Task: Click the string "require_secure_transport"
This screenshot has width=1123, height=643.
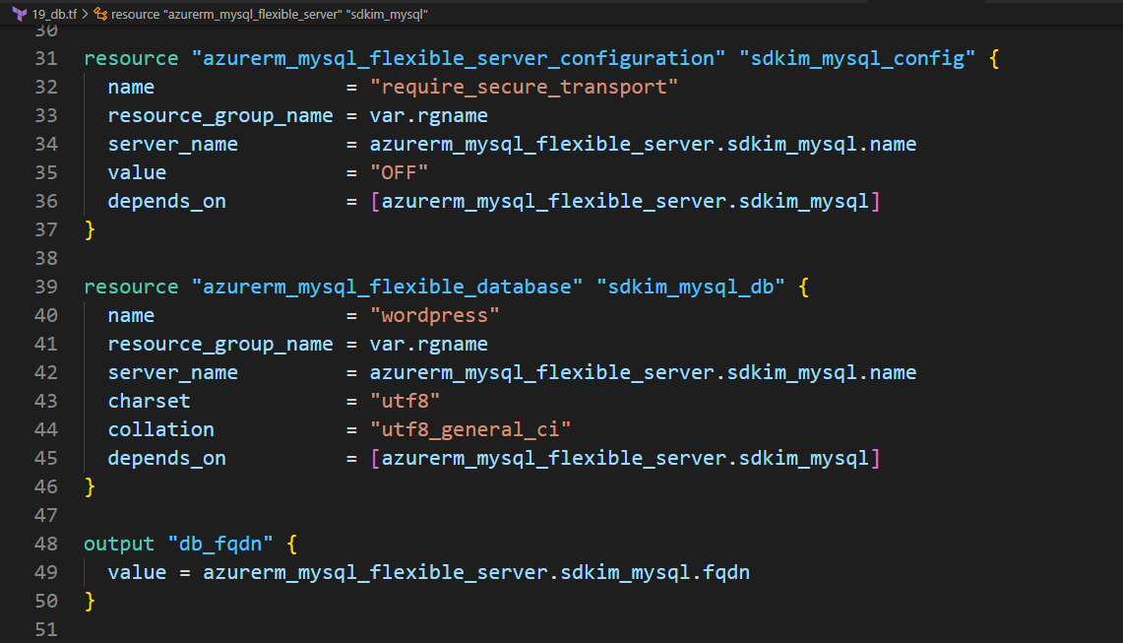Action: tap(525, 87)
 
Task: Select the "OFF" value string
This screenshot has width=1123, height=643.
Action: tap(400, 172)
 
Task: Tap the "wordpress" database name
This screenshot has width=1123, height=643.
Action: tap(435, 315)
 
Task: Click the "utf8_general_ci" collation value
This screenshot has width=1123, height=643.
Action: tap(470, 429)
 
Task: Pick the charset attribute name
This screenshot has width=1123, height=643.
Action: tap(149, 401)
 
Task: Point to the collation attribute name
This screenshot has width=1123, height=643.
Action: tap(160, 429)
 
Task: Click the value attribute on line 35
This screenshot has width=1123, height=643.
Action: tap(137, 172)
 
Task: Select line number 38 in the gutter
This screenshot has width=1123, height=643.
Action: tap(46, 258)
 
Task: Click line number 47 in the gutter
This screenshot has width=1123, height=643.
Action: tap(46, 515)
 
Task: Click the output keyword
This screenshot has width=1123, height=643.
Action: tap(119, 544)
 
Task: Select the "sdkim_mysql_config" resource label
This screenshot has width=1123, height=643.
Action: tap(857, 58)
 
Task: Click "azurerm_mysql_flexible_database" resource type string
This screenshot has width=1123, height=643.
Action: tap(387, 287)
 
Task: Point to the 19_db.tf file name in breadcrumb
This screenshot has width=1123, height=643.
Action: tap(54, 15)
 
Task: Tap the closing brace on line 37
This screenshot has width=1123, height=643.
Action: tap(90, 229)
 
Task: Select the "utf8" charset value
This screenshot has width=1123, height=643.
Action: tap(406, 401)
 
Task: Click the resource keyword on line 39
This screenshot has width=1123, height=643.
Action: tap(131, 287)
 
